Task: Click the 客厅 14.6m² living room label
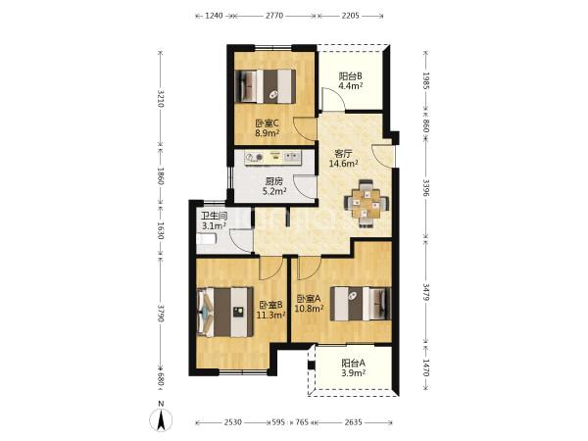(x=343, y=159)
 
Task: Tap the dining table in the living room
(x=367, y=204)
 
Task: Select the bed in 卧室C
(x=266, y=86)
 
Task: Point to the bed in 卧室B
(x=225, y=312)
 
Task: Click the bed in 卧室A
(x=361, y=304)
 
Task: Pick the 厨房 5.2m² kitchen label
(x=274, y=187)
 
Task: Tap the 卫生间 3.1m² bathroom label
(x=214, y=220)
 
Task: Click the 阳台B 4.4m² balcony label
(x=351, y=81)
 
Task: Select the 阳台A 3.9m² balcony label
(x=353, y=367)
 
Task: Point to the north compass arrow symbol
(x=162, y=417)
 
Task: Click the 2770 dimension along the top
(x=274, y=16)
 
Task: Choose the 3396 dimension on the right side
(x=426, y=188)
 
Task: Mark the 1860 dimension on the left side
(x=161, y=175)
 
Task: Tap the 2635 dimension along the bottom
(x=353, y=422)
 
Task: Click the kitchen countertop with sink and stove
(x=273, y=158)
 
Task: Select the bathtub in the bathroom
(x=207, y=239)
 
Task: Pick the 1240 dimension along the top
(x=214, y=16)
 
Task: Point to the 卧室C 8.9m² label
(x=267, y=127)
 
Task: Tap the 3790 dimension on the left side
(x=161, y=314)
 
